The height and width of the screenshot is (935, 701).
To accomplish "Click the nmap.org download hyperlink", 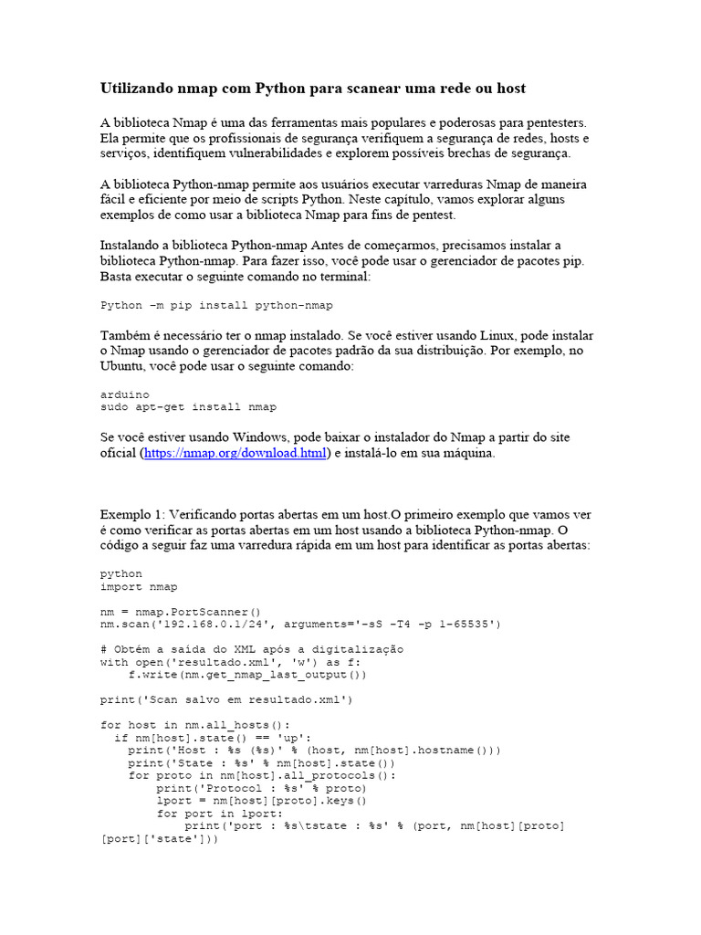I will (x=235, y=454).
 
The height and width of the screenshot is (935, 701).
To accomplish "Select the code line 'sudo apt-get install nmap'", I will (x=188, y=406).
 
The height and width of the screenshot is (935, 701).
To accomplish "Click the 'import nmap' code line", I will (x=139, y=587).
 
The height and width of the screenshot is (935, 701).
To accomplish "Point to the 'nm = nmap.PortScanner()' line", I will (x=181, y=612).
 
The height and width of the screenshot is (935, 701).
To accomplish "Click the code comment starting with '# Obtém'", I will (x=251, y=649).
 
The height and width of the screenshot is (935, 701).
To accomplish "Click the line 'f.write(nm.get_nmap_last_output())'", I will (x=246, y=675).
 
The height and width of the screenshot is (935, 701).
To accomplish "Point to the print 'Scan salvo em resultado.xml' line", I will (x=225, y=700).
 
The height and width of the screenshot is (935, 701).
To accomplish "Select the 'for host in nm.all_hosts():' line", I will (x=194, y=725).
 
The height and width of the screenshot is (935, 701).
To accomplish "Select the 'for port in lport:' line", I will (x=220, y=814).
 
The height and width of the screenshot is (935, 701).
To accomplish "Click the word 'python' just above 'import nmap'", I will (x=120, y=574).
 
